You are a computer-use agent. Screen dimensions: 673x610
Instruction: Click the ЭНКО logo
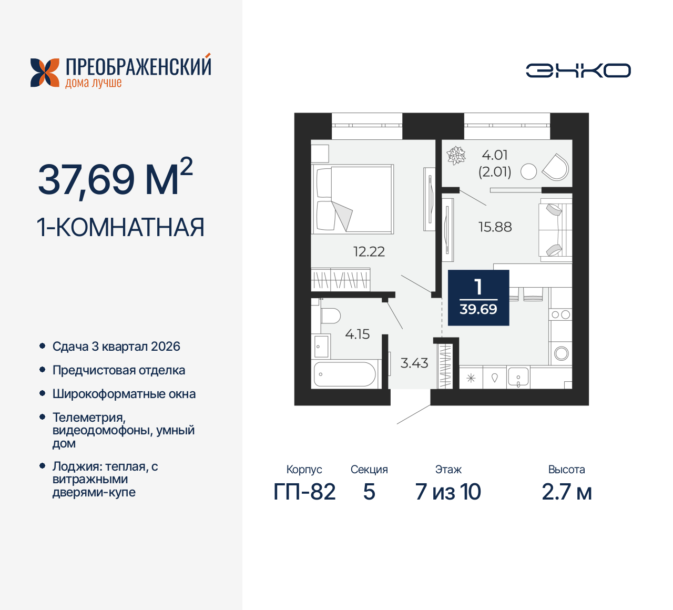tap(578, 70)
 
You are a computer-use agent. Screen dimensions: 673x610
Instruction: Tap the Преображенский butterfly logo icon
tap(45, 73)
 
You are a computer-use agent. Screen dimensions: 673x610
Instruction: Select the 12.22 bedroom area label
tap(369, 252)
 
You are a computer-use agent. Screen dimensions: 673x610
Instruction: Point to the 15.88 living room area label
tap(495, 227)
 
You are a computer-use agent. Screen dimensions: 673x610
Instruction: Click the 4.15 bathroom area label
tap(358, 334)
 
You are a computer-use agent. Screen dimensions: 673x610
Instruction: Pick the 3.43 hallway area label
tap(414, 363)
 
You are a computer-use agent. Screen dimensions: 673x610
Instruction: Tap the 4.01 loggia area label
tap(495, 155)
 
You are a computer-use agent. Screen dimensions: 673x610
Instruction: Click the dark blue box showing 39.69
tap(478, 298)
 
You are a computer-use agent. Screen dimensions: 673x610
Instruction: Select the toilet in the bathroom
tap(331, 316)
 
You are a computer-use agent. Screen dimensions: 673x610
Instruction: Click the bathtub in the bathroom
tap(344, 374)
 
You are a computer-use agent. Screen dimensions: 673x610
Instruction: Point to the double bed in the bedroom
tap(353, 199)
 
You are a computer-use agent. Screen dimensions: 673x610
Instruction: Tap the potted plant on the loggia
tap(456, 156)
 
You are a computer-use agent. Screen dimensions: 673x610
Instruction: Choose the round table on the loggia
tap(528, 171)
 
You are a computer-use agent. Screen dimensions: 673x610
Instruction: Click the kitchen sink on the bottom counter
tap(518, 378)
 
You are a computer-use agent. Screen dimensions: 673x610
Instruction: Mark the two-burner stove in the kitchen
tap(560, 315)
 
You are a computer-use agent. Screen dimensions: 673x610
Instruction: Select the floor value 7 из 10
tap(448, 492)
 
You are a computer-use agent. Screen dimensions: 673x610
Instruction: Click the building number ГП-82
tap(304, 492)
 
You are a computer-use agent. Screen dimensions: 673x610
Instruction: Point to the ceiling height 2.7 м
tap(567, 492)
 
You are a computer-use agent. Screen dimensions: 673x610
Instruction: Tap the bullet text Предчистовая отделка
tap(119, 370)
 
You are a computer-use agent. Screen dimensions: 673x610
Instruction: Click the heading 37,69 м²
tap(116, 178)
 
